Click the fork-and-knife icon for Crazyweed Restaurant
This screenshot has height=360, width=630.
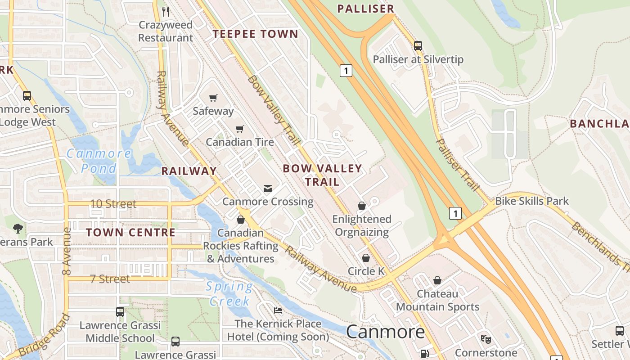tap(166, 11)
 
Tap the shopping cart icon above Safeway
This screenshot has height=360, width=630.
tap(213, 98)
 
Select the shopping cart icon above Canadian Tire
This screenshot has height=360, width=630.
tap(240, 129)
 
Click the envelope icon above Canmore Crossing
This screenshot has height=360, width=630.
tap(268, 188)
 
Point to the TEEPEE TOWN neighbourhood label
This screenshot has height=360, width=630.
tap(255, 34)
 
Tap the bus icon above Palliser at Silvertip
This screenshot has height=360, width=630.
tap(418, 45)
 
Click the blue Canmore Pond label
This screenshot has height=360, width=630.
tap(99, 161)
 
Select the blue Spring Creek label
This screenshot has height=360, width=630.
tap(229, 293)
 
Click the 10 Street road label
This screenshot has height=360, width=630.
tap(113, 204)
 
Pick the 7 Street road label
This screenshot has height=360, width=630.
tap(110, 279)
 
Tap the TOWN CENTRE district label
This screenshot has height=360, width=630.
tap(130, 233)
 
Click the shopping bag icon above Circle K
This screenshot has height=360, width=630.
tap(366, 258)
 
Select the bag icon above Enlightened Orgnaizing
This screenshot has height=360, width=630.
tap(362, 206)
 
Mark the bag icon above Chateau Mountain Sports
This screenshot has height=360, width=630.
tap(437, 280)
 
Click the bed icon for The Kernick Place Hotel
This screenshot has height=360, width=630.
tap(278, 310)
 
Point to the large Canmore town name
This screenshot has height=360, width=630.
tap(385, 332)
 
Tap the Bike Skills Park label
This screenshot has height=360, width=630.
tap(532, 201)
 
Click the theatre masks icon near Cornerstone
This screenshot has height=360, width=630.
tap(486, 339)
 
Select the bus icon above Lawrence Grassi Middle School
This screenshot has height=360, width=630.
tap(120, 312)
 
